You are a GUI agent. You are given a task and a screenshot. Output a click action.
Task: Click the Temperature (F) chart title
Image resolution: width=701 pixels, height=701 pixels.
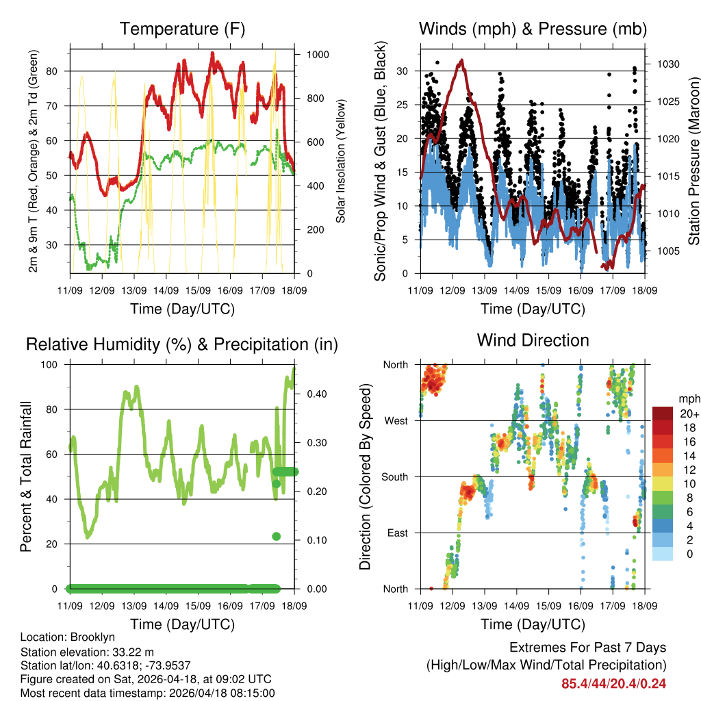click(182, 29)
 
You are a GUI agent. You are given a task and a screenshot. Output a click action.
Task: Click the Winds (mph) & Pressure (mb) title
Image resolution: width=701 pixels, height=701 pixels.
click(533, 29)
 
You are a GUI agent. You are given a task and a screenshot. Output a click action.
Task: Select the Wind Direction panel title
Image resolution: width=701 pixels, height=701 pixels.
click(533, 340)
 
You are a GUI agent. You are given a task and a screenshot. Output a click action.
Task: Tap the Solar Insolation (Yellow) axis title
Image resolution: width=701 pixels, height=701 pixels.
click(340, 161)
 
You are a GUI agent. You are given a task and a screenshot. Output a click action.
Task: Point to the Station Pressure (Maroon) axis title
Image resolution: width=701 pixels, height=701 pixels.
click(693, 161)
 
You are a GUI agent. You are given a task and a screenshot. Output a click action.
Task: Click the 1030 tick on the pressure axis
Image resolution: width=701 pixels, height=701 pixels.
click(667, 64)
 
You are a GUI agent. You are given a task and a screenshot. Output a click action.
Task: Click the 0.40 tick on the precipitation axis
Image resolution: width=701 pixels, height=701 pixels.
click(317, 394)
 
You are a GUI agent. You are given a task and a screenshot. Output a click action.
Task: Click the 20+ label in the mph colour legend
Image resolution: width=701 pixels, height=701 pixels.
click(689, 413)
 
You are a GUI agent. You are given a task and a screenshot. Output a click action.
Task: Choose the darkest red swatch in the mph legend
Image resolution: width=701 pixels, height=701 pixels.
click(662, 413)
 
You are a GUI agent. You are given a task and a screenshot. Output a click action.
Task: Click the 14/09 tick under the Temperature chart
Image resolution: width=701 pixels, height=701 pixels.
click(166, 290)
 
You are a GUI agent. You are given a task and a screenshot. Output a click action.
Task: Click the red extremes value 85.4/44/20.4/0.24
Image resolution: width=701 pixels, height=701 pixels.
click(613, 683)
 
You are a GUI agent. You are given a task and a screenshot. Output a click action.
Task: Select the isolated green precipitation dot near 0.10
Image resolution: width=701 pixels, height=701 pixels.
click(277, 536)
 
